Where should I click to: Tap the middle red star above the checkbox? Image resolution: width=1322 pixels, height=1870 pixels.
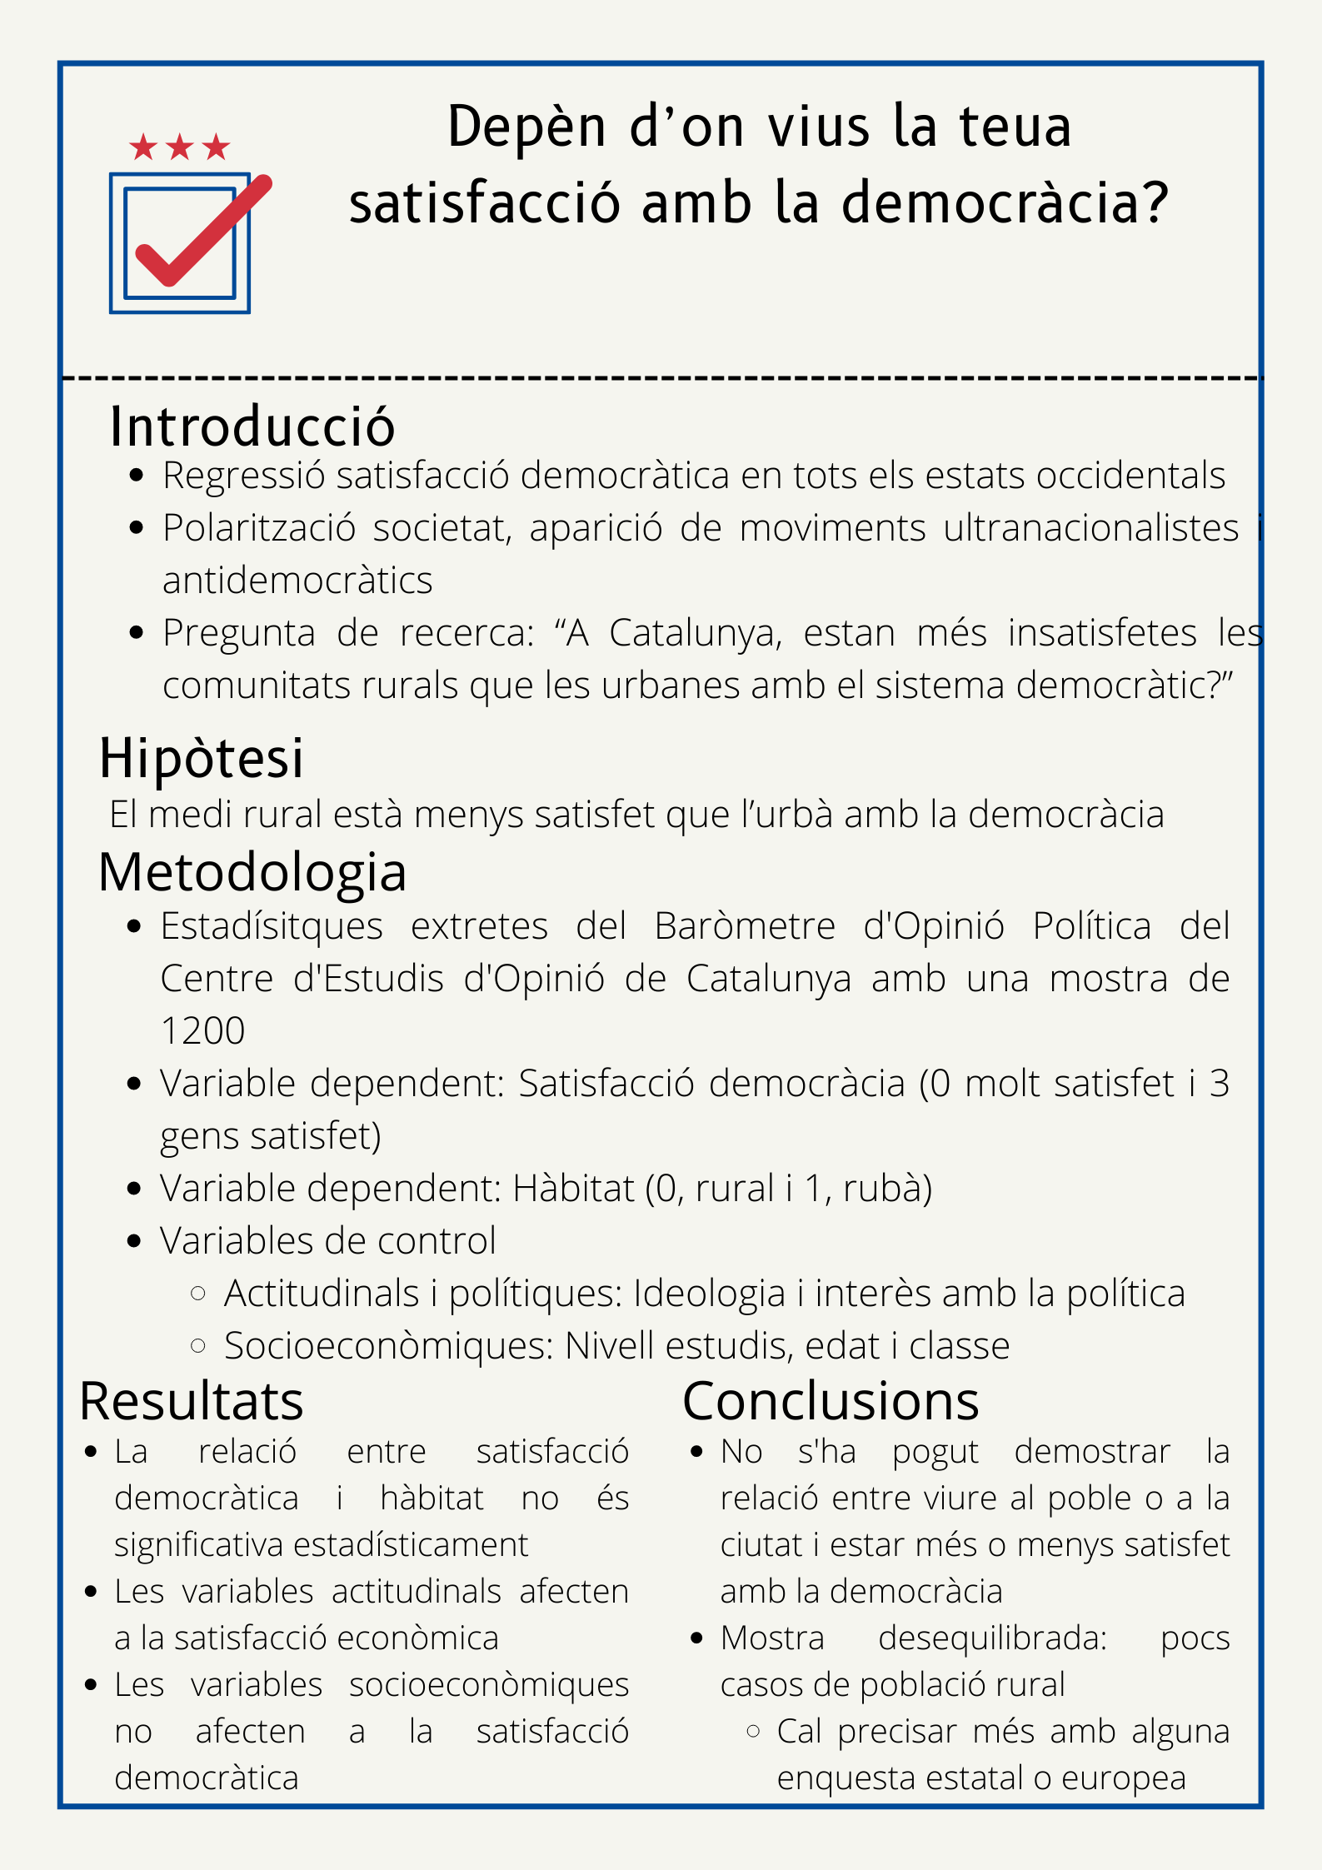pyautogui.click(x=180, y=147)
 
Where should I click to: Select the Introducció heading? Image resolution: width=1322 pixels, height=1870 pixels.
pyautogui.click(x=252, y=426)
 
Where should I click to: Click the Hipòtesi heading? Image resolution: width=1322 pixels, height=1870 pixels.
pyautogui.click(x=202, y=758)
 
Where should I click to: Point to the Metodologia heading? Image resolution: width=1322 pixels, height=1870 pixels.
pyautogui.click(x=252, y=873)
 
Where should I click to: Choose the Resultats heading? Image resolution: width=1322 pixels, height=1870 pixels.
pyautogui.click(x=192, y=1401)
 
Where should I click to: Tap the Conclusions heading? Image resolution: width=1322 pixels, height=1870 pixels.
pyautogui.click(x=831, y=1401)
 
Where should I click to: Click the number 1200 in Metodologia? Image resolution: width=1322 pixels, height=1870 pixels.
pyautogui.click(x=202, y=1031)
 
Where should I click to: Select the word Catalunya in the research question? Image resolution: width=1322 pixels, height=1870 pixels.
pyautogui.click(x=696, y=633)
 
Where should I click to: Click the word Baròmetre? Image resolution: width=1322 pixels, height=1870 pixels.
pyautogui.click(x=744, y=926)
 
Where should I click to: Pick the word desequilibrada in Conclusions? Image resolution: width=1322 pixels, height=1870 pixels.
pyautogui.click(x=992, y=1638)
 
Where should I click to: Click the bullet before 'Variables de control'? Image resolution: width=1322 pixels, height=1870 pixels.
pyautogui.click(x=134, y=1241)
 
